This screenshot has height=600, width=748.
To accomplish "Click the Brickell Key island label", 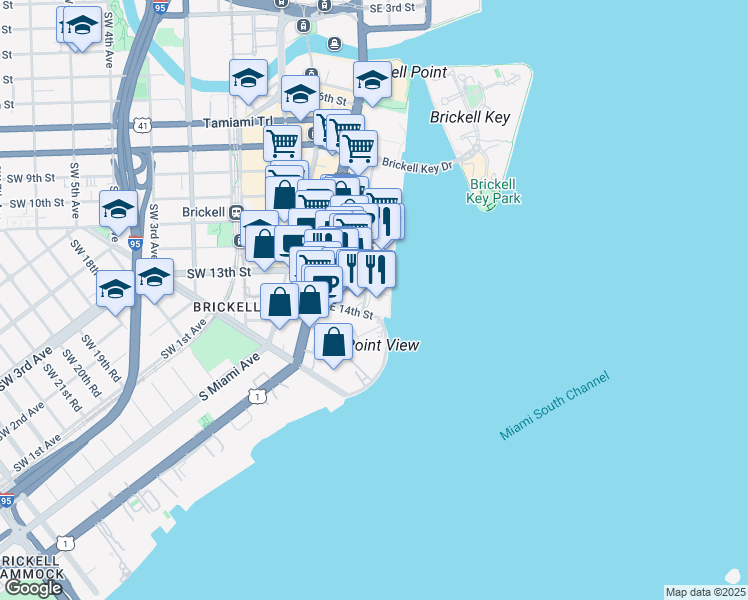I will tap(470, 117).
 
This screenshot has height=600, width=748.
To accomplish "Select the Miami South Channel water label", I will tap(553, 405).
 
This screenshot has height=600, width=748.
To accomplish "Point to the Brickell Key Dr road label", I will tap(417, 165).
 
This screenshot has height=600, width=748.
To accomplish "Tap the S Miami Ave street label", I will tap(229, 377).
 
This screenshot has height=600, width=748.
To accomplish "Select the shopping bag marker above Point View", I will tap(333, 342).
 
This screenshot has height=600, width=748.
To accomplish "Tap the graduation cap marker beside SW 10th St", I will tap(118, 209).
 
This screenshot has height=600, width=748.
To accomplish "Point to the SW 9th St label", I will tap(40, 178).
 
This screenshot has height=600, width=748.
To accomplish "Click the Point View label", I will tap(384, 345).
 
